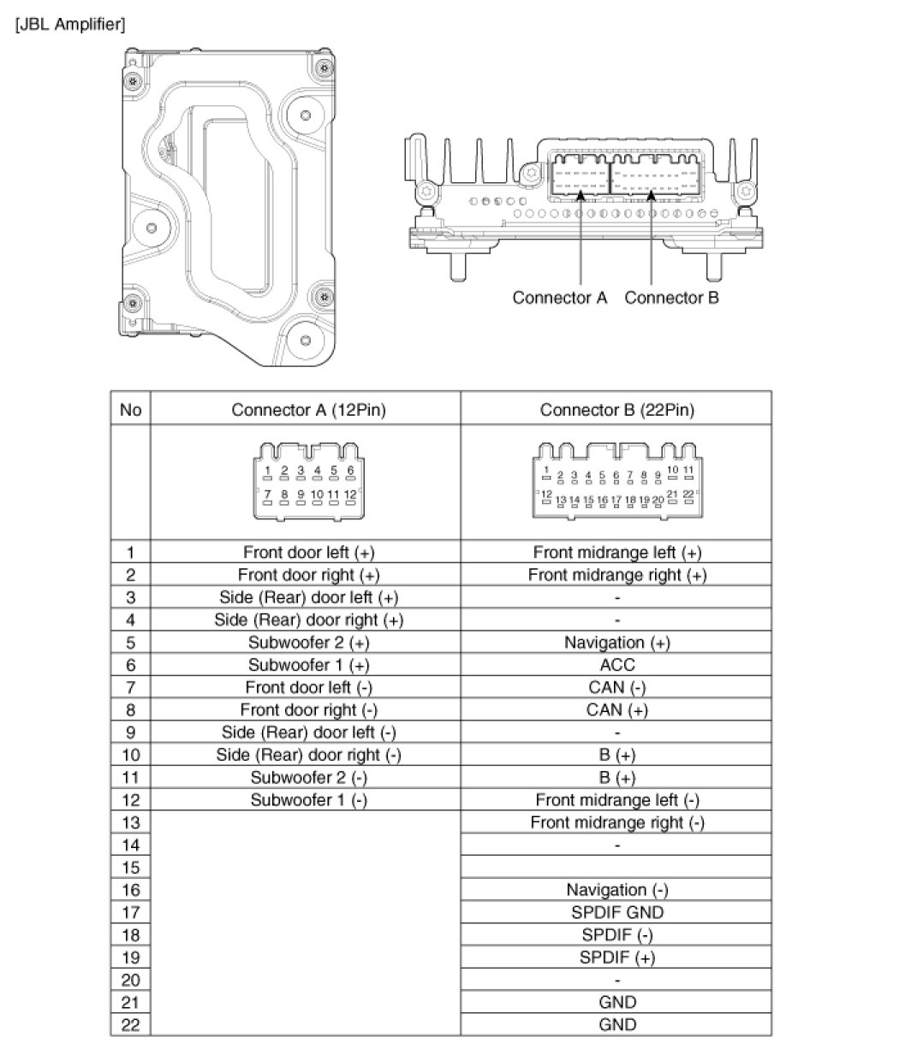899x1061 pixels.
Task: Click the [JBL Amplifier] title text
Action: [69, 24]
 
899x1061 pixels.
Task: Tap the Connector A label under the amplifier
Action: [559, 298]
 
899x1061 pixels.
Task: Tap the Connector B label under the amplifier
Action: [671, 298]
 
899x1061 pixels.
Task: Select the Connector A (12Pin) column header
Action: [308, 410]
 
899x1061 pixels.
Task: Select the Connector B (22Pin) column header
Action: [616, 410]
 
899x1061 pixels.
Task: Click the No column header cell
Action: [131, 410]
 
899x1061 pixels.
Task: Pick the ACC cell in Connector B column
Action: [616, 665]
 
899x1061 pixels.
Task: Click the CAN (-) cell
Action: [616, 687]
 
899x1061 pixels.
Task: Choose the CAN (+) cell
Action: [616, 709]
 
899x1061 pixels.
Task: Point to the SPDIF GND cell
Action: [616, 912]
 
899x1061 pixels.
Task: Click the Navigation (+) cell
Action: [616, 642]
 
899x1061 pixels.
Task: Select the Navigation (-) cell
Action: [616, 890]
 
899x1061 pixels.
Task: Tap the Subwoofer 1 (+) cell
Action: [308, 665]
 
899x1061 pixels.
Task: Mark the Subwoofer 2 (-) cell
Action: [308, 777]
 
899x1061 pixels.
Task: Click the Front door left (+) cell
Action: [308, 552]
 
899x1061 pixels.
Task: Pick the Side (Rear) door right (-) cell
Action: [308, 755]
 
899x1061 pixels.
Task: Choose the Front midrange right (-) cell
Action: [616, 822]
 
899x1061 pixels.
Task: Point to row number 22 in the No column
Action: [131, 1024]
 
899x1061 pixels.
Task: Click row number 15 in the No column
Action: [131, 868]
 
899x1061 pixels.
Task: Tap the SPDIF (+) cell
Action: [616, 957]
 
